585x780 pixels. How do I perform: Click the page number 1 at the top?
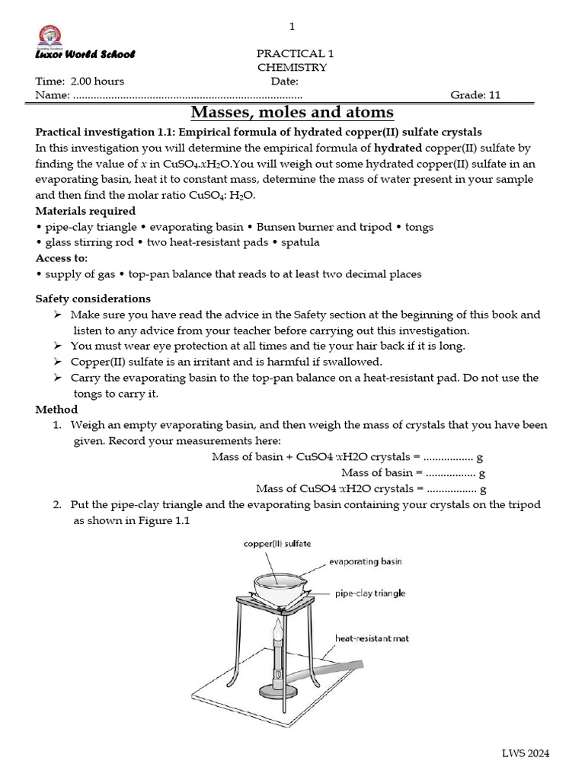point(292,27)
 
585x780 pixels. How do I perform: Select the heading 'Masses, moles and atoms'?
point(292,113)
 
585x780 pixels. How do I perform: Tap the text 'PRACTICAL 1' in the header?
point(295,54)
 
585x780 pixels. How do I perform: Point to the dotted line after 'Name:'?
point(187,96)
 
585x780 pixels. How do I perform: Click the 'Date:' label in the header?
point(284,82)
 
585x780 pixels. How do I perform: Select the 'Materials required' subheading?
point(85,211)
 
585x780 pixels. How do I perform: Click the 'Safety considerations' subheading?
point(93,299)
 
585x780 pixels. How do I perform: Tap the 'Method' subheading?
point(56,410)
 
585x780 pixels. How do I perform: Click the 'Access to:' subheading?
point(62,258)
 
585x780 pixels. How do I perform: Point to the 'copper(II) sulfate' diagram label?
point(277,544)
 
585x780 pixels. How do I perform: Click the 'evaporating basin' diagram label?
point(365,561)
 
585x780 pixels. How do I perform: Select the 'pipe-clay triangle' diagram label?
point(369,593)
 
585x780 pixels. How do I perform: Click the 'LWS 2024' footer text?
point(524,754)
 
